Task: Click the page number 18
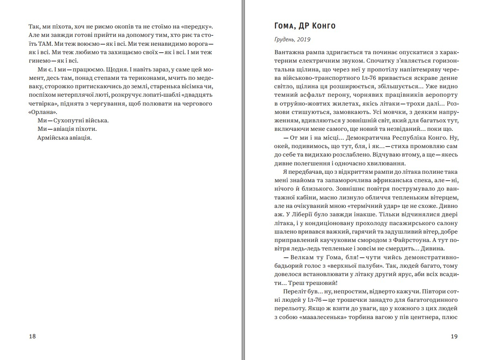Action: point(33,336)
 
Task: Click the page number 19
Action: point(454,336)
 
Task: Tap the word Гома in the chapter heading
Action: point(285,26)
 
